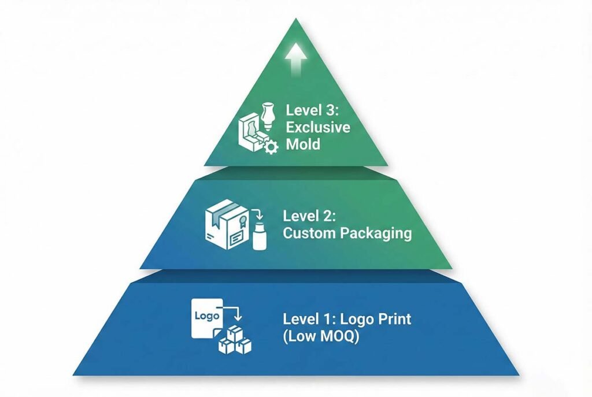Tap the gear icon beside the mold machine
[270, 146]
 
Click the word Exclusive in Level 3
[318, 127]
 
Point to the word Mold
[303, 143]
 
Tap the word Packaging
[376, 233]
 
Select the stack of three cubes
[235, 341]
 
